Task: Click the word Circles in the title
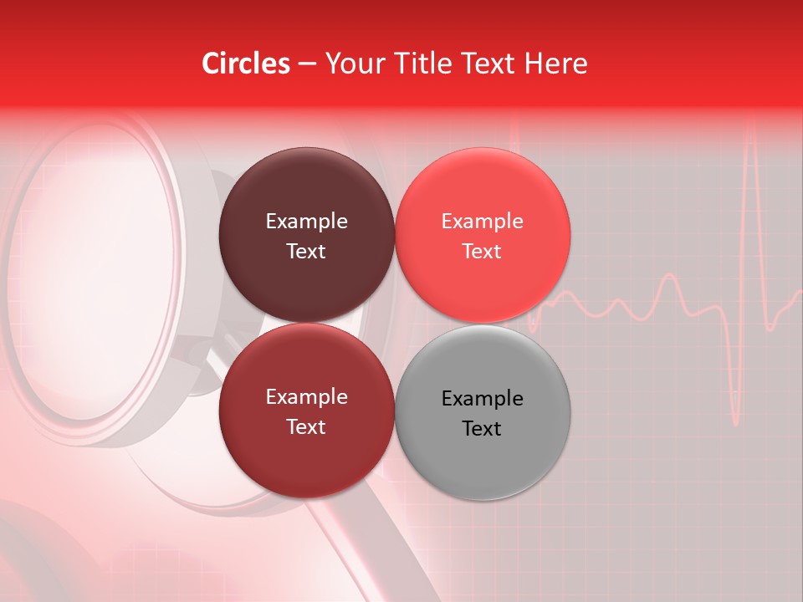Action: (245, 64)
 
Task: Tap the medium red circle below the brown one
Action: (306, 456)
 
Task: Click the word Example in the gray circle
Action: (483, 399)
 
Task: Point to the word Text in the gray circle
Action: (482, 429)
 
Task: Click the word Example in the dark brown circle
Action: (306, 222)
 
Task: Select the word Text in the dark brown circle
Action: (306, 252)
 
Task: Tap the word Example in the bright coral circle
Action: (483, 222)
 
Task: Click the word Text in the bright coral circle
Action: (482, 252)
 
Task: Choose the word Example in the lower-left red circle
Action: (306, 397)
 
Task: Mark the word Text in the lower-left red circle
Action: (306, 427)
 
